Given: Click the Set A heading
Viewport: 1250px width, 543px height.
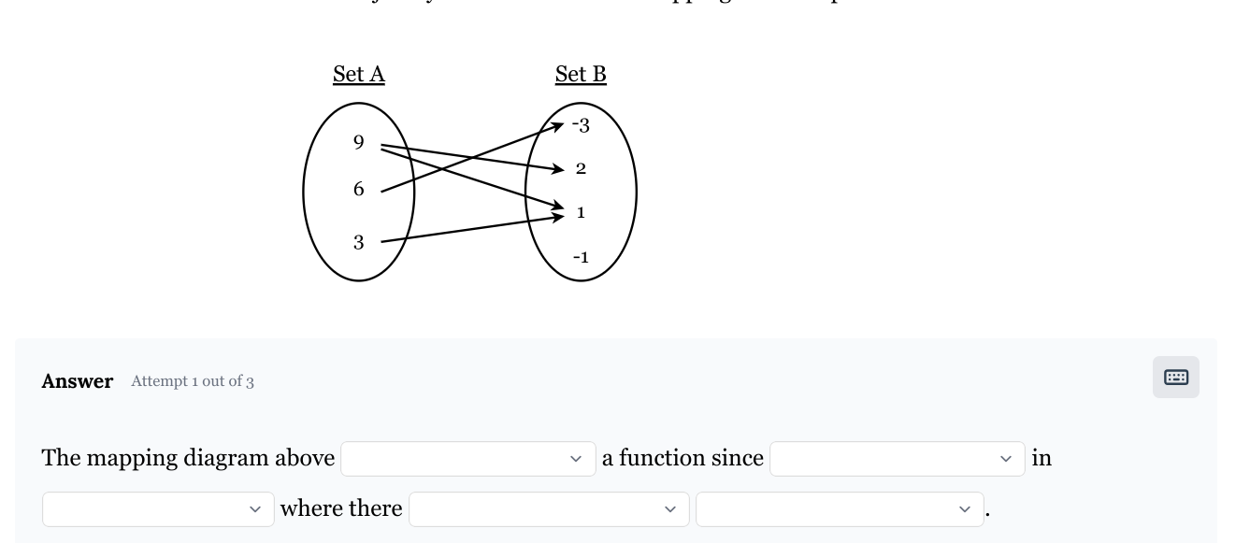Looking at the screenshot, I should point(358,75).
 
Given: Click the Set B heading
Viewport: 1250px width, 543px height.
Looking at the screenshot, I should point(581,75).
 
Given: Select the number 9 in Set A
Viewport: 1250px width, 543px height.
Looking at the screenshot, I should point(358,142).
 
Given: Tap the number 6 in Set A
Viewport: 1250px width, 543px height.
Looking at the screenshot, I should point(358,189).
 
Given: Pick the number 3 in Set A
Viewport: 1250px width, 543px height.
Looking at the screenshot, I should point(358,242).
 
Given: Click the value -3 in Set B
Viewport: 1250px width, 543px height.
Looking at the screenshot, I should point(581,125).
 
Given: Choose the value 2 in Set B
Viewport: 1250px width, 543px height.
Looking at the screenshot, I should point(581,168).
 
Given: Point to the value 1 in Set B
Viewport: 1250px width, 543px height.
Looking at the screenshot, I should point(581,212).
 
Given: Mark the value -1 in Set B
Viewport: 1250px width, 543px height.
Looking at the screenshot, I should point(581,257).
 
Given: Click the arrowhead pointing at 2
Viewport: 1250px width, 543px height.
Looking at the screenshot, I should point(559,169).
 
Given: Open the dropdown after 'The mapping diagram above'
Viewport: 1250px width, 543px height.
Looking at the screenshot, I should point(467,458).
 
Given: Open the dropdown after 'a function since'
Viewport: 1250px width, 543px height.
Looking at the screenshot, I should point(897,458).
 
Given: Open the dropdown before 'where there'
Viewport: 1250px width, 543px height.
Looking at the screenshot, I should point(158,508).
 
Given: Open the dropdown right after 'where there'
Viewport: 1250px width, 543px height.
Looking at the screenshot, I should point(549,508).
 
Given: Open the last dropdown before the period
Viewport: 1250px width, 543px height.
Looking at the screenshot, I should point(839,508).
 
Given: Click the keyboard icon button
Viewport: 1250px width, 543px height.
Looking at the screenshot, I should point(1175,378).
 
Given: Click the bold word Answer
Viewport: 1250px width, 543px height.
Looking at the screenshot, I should point(78,381).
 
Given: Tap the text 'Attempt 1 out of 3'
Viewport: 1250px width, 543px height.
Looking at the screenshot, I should point(193,381).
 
